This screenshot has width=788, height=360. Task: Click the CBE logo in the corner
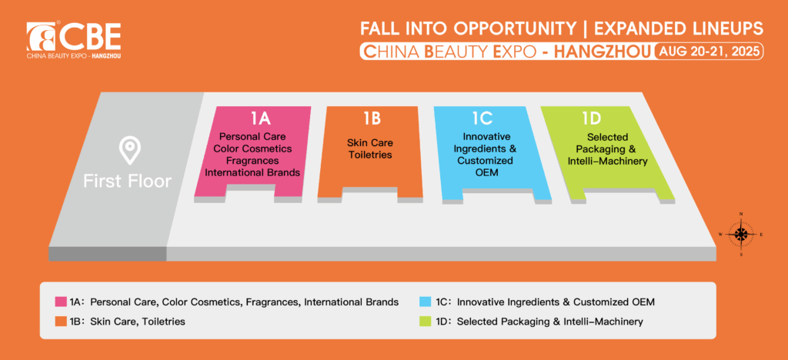(74, 40)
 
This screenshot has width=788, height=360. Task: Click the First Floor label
(128, 181)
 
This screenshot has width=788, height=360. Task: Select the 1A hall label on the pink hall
(261, 118)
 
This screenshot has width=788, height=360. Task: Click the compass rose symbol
(741, 234)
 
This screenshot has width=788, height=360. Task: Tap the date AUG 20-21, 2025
(709, 52)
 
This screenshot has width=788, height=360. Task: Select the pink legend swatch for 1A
(61, 302)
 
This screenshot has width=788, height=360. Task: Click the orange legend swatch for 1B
(61, 322)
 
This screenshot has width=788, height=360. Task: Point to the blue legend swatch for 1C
(425, 302)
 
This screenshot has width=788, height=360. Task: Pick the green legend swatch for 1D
(425, 322)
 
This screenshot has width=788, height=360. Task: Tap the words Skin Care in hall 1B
(370, 143)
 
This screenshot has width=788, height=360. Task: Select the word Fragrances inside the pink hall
(252, 161)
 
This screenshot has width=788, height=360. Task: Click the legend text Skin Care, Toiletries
(138, 322)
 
